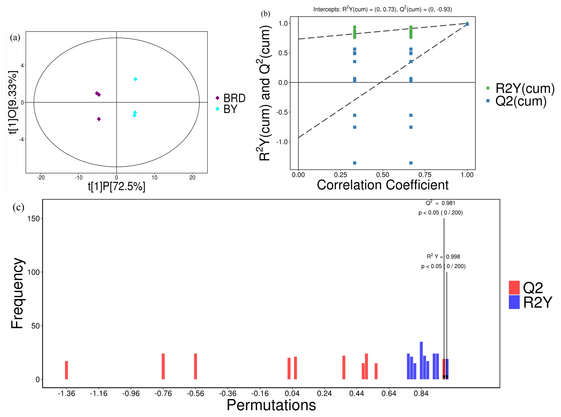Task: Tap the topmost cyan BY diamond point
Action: point(135,79)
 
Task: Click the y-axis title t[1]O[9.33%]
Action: point(13,102)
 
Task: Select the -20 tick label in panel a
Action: point(41,178)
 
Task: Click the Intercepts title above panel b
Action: point(382,9)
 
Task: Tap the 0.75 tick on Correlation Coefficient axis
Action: point(425,175)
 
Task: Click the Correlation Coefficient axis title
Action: point(382,185)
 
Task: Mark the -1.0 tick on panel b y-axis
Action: point(282,142)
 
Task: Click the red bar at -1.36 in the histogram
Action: point(66,370)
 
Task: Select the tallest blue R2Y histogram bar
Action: point(421,360)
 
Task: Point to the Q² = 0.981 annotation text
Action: point(440,203)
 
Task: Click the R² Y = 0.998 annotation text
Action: point(443,257)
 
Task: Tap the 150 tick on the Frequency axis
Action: point(34,219)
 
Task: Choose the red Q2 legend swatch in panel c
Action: point(514,287)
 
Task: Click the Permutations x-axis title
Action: point(271,405)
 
